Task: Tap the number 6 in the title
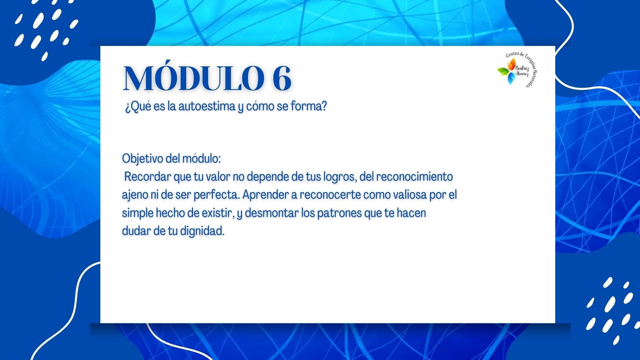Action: click(x=282, y=78)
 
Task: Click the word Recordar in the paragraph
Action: click(x=147, y=177)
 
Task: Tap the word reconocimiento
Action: click(x=415, y=177)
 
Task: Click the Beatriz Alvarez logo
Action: click(x=517, y=70)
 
